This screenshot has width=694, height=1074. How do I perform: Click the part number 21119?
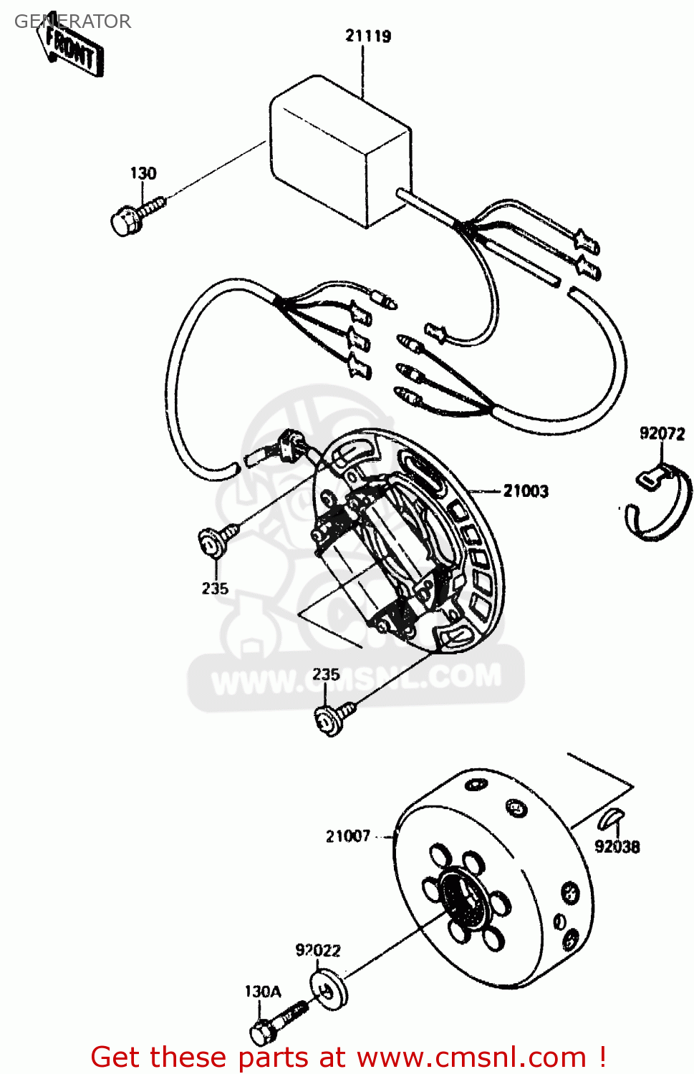[x=368, y=36]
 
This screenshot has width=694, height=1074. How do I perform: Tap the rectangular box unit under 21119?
[x=341, y=150]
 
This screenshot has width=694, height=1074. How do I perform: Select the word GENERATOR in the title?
[x=72, y=21]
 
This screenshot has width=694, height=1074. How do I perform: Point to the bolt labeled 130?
[x=138, y=216]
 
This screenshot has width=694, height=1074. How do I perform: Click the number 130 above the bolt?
[x=143, y=173]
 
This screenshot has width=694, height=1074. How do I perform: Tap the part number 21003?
[x=526, y=491]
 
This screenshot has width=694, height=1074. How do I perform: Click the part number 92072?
[x=662, y=433]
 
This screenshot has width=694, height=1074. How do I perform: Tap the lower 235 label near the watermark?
[x=326, y=674]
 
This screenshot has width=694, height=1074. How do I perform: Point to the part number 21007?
[x=348, y=836]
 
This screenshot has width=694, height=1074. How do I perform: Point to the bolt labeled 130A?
[x=277, y=1023]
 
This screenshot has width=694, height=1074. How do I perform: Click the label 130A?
[x=263, y=991]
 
